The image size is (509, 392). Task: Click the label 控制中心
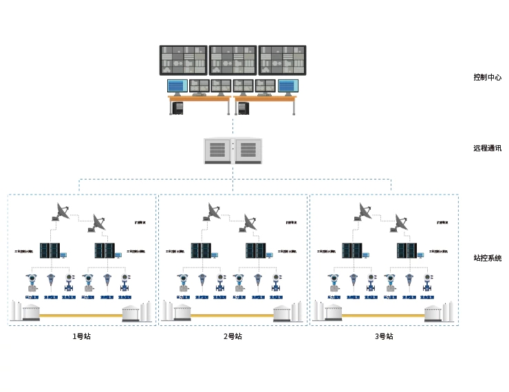[x=487, y=77]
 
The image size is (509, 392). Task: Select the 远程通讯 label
[x=487, y=148]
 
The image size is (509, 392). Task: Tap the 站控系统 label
[x=487, y=258]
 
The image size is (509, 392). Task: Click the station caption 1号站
[x=81, y=336]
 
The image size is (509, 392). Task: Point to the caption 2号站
[x=232, y=336]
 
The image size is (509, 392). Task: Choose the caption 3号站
[x=384, y=336]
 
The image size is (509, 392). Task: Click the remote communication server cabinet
[x=233, y=151]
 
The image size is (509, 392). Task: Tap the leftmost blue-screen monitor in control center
[x=177, y=86]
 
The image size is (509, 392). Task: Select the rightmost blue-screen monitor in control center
[x=288, y=86]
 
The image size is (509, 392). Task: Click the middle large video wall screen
[x=233, y=61]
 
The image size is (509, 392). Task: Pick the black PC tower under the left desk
[x=178, y=108]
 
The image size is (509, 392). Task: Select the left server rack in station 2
[x=200, y=250]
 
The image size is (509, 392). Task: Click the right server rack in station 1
[x=104, y=250]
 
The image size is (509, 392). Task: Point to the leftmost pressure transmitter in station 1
[x=31, y=282]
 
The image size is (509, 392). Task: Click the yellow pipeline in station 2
[x=232, y=316]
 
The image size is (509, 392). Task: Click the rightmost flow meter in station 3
[x=428, y=282]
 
